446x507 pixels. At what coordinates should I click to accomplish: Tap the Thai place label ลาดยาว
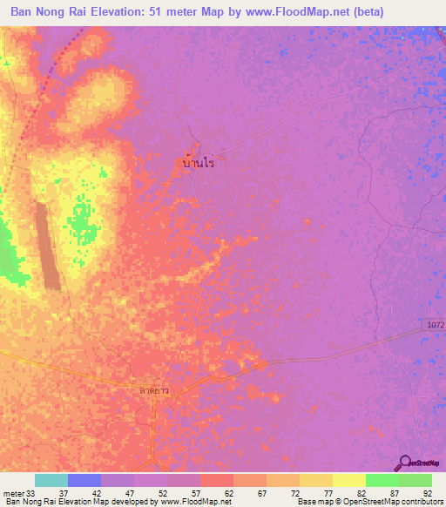[x=153, y=391]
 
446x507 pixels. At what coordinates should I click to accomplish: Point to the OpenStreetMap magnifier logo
[x=406, y=462]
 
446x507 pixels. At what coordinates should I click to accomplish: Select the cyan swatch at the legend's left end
[x=51, y=480]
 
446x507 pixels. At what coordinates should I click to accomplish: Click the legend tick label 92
[x=427, y=492]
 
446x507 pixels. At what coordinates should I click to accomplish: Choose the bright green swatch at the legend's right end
[x=416, y=480]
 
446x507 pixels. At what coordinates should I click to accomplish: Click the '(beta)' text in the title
[x=406, y=11]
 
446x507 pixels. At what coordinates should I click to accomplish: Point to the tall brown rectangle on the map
[x=48, y=246]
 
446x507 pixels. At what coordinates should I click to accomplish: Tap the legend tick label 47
[x=130, y=492]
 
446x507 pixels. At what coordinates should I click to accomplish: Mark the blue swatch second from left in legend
[x=84, y=480]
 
